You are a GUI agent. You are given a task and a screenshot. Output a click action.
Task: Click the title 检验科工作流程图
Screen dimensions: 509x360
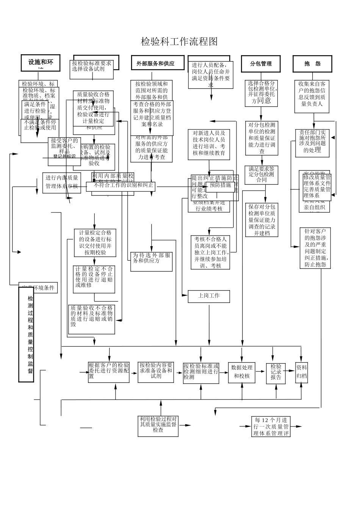coord(179,42)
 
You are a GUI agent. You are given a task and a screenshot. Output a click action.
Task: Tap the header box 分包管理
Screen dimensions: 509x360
coord(261,64)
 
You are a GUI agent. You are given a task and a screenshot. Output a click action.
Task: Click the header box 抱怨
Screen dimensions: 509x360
coord(312,64)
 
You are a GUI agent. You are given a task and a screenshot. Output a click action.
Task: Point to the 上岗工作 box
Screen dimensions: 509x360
coord(209,296)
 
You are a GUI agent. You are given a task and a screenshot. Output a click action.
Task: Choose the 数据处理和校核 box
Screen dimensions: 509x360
coord(242,372)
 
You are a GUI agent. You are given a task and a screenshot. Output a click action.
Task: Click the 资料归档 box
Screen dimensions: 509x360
coord(302,372)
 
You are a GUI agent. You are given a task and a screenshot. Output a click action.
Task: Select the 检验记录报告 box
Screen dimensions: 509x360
coord(276,373)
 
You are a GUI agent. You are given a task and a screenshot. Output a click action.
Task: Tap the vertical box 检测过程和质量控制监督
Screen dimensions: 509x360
coord(27,335)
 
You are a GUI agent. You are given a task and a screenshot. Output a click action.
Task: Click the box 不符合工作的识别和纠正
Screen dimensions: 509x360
coord(121,186)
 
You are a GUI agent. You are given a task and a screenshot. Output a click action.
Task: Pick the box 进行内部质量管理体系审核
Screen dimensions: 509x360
coord(61,182)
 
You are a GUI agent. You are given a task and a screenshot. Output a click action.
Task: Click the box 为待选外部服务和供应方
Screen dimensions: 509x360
coord(152,261)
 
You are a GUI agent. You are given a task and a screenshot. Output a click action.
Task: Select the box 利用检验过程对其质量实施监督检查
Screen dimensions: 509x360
coord(158,426)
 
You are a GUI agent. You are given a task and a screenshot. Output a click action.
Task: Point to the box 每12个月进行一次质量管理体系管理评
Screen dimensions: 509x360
coord(271,426)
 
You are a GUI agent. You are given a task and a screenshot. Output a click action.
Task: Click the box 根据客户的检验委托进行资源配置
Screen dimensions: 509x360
coord(109,372)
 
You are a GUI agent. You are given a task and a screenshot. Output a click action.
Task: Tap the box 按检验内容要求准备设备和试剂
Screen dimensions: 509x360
coord(156,372)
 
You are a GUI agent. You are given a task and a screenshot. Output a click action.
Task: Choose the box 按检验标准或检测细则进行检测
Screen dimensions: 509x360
coord(201,373)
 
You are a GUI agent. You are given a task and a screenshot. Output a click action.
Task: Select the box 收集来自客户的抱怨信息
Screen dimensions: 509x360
coord(312,96)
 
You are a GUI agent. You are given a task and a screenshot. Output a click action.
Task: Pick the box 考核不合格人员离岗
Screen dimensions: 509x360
coord(210,252)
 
